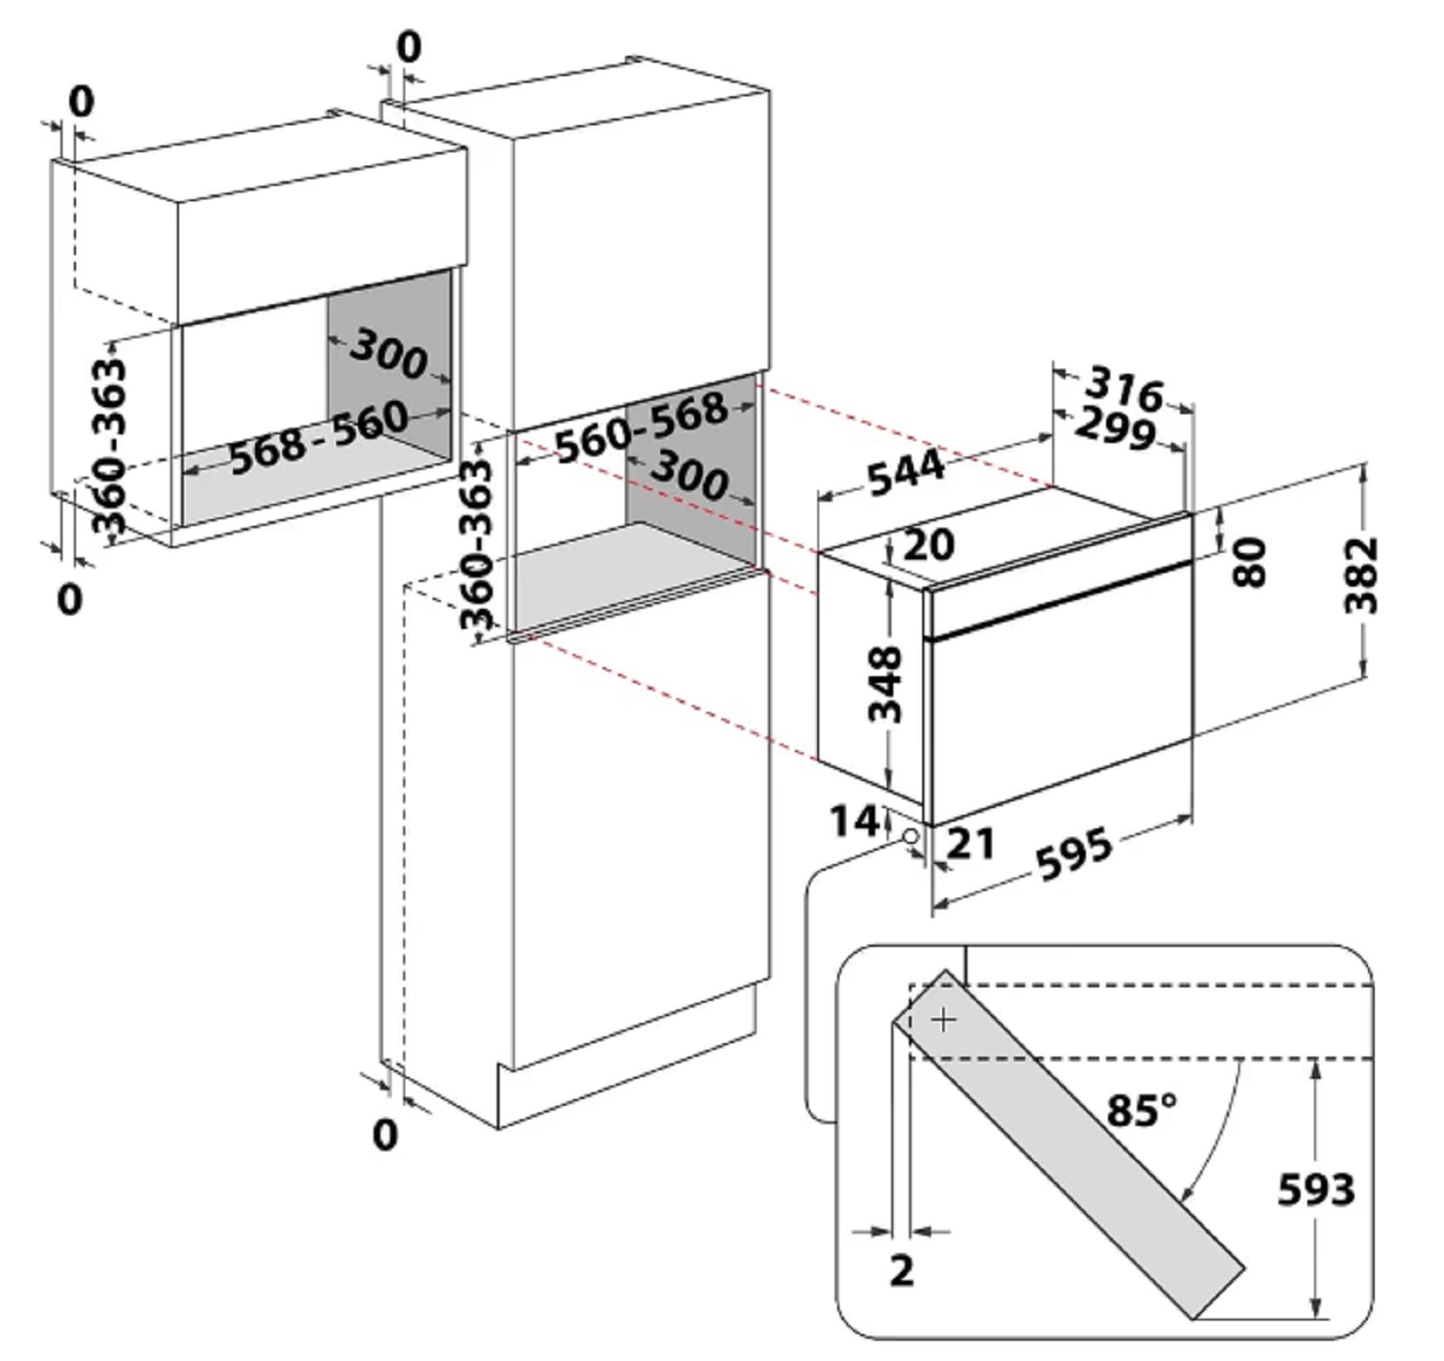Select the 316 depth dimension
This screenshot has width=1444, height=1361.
tap(1125, 388)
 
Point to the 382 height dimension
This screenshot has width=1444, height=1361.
tap(1361, 575)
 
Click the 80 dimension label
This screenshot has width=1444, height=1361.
tap(1250, 562)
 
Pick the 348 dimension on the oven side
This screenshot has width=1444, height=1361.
tap(885, 684)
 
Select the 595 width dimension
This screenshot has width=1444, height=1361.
tap(1074, 853)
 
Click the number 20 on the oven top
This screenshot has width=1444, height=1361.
tap(928, 544)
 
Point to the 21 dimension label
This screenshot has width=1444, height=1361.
tap(970, 845)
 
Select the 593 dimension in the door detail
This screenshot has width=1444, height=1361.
tap(1316, 1190)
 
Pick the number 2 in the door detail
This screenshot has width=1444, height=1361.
tap(902, 1271)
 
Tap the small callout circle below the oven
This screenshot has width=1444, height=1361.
tap(911, 837)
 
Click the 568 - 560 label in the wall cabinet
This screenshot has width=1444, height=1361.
tap(319, 437)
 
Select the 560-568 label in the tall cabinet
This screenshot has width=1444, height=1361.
tap(641, 428)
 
